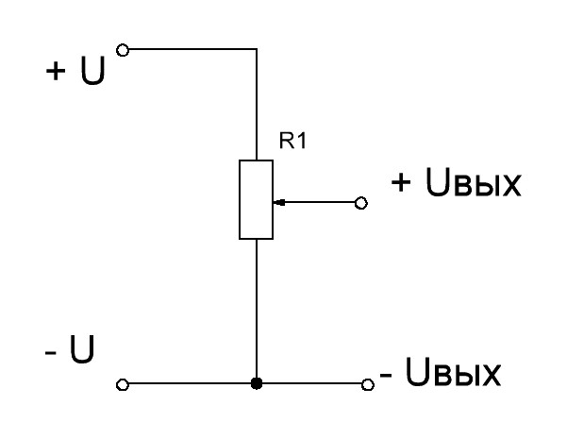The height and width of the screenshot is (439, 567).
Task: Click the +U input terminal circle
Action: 123,50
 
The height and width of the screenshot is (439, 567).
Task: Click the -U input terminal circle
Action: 123,384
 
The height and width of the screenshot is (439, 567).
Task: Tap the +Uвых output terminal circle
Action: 361,203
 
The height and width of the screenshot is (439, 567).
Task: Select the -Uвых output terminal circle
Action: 368,384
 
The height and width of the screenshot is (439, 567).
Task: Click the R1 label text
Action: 292,141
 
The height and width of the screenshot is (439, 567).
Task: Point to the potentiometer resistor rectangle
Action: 256,199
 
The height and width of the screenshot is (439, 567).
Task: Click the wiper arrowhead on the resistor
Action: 279,202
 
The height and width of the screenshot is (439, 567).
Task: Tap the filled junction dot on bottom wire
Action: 257,383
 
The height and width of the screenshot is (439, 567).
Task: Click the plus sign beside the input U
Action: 56,71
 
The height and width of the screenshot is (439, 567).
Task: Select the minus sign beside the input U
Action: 51,352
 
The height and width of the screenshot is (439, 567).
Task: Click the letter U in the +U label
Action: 93,71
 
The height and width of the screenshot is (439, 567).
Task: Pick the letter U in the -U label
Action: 82,349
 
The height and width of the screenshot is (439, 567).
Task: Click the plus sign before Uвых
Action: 401,181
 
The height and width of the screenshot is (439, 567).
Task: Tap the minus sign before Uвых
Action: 386,375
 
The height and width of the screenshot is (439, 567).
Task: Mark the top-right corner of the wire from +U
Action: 257,48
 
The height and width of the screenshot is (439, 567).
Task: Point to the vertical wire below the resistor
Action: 257,309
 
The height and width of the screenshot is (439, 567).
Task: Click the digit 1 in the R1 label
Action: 302,141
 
